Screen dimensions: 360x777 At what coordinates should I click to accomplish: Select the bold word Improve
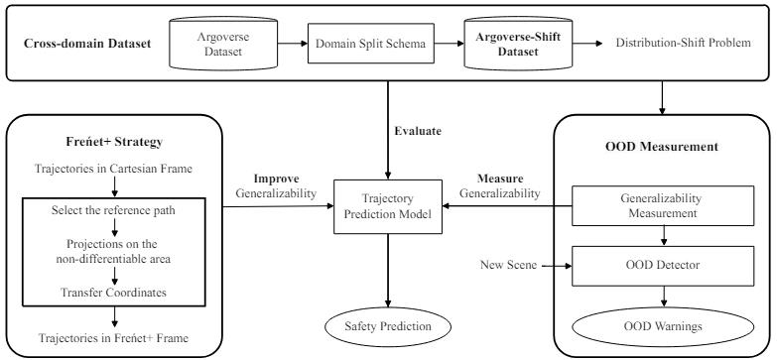(x=259, y=180)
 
